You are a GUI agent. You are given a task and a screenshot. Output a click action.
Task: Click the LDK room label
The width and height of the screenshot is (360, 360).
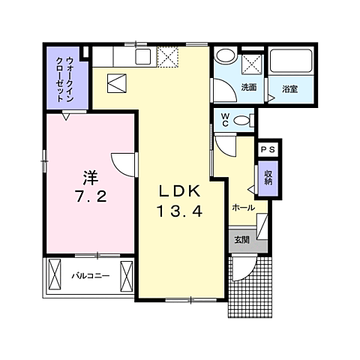click(x=179, y=190)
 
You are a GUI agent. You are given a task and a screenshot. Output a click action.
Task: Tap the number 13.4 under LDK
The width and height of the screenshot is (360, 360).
click(x=179, y=211)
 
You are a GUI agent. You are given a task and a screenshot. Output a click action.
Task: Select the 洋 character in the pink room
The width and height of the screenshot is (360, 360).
click(x=91, y=178)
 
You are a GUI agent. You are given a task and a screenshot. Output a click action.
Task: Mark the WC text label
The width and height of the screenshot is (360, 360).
click(x=224, y=119)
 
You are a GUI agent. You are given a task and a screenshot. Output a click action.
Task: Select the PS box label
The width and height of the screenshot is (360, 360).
click(x=268, y=150)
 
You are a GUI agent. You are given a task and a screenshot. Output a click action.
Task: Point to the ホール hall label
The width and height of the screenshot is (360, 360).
click(x=243, y=207)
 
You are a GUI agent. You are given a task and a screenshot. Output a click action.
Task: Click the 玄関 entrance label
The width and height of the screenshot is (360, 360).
click(x=241, y=241)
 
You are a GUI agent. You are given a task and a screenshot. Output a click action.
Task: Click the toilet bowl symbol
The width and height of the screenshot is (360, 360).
click(x=241, y=120)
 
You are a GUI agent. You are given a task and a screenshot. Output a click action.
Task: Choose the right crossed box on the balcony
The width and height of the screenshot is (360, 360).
click(x=125, y=276)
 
